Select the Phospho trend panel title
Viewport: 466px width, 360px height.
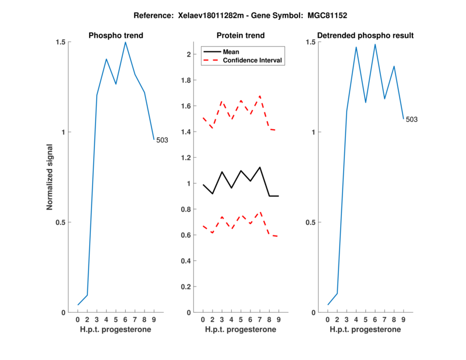tap(116, 36)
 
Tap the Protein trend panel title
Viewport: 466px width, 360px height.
tap(241, 36)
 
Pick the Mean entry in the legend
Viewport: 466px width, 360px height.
tap(231, 52)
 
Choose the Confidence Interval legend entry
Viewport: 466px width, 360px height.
tap(253, 60)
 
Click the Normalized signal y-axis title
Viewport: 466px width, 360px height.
tap(50, 177)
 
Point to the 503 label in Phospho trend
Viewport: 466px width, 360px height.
tap(163, 140)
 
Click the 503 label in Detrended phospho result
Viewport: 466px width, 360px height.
tap(412, 119)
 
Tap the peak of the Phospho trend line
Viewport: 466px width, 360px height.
tap(125, 42)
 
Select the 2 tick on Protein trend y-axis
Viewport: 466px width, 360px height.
tap(189, 55)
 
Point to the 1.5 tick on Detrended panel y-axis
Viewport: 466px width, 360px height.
tap(312, 42)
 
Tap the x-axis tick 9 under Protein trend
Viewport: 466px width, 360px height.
tap(278, 320)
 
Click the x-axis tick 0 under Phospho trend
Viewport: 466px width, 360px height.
tap(78, 320)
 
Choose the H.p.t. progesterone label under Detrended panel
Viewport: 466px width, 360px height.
tap(365, 330)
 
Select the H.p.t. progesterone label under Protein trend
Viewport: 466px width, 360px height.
tap(241, 330)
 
